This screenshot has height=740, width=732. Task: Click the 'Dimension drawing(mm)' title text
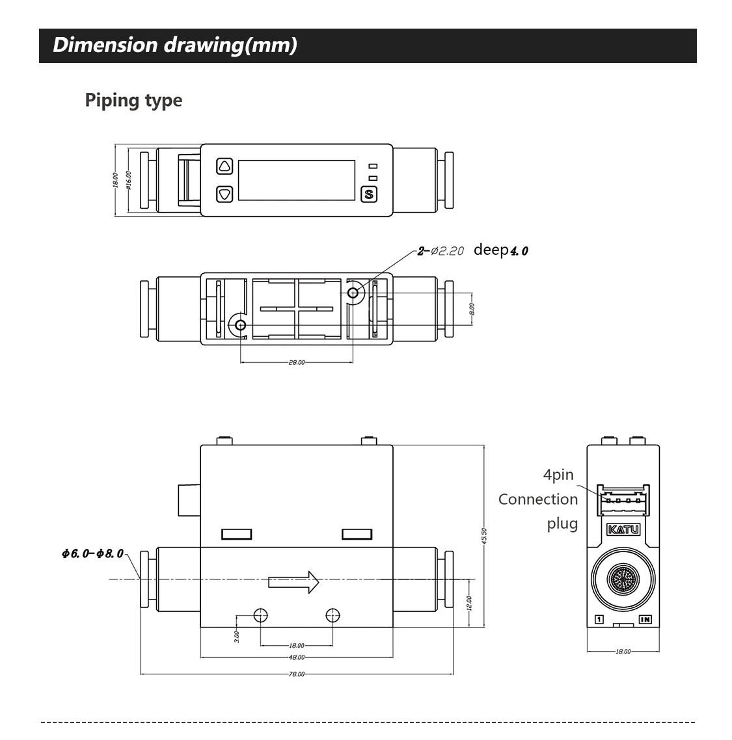click(174, 45)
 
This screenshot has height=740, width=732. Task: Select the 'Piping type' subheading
click(133, 100)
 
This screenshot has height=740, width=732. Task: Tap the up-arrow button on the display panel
click(224, 166)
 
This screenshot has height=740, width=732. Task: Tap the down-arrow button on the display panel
click(224, 194)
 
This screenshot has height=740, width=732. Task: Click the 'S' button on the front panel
click(369, 194)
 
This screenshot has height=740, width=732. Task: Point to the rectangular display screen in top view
click(296, 180)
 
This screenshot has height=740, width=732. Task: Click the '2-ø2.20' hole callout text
click(441, 251)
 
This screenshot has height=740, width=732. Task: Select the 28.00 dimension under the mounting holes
click(296, 363)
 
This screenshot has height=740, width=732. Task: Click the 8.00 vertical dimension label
click(472, 308)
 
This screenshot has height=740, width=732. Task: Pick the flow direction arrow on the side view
click(293, 581)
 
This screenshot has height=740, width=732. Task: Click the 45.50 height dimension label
click(484, 537)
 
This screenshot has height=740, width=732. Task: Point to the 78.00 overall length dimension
click(296, 674)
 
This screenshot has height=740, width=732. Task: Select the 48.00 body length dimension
click(296, 657)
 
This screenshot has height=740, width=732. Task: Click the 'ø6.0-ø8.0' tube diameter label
click(92, 553)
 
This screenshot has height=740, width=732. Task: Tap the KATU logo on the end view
click(623, 530)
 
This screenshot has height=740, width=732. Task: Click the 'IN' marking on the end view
click(645, 620)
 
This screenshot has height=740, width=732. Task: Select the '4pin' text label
click(558, 475)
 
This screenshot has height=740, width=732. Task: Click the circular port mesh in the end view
click(623, 578)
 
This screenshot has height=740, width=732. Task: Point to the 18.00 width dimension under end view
click(623, 651)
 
